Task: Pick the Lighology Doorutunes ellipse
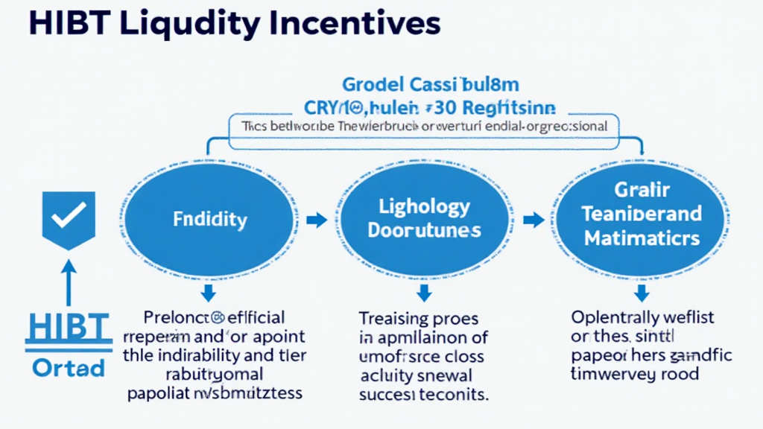pos(424,219)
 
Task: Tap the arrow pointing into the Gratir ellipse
pos(533,220)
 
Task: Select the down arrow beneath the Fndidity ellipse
pos(208,291)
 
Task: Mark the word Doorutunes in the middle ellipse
pos(424,231)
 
